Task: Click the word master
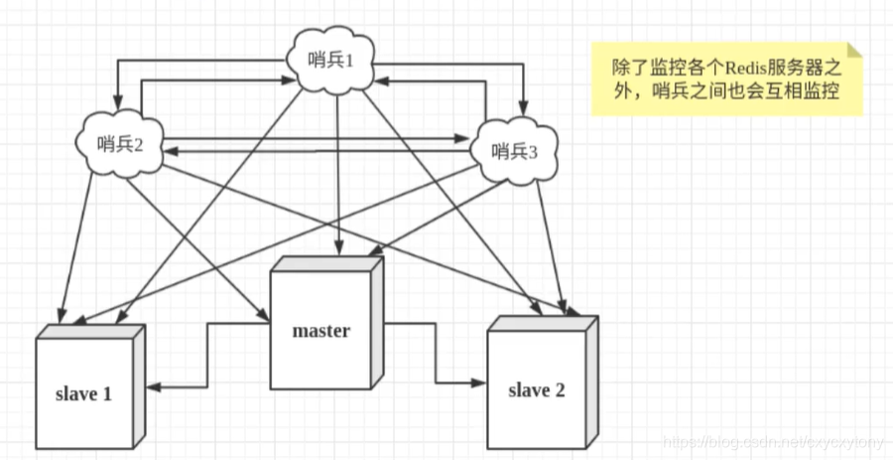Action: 320,330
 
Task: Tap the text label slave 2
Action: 536,389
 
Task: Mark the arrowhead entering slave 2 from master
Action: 478,382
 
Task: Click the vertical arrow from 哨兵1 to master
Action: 340,169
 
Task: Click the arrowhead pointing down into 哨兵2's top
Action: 116,103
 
